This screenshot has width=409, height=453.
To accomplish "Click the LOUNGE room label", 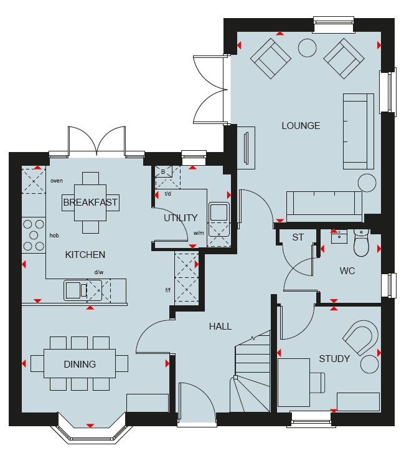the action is coord(301,126).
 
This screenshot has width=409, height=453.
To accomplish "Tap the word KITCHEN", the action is coord(85,254).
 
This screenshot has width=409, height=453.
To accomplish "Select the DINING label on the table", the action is coord(80,364).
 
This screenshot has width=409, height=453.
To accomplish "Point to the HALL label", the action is coord(220,327).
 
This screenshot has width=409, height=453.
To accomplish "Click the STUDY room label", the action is coord(334,359).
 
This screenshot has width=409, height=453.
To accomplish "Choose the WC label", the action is coord(347,270).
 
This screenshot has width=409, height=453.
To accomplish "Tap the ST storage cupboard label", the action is coord(298,237).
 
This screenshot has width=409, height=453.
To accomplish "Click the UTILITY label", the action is coord(181,218).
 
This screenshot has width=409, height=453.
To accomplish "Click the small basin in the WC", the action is coord(339,237).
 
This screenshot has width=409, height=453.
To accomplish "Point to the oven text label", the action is coord(57,181).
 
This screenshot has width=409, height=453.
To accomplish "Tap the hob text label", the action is coord(54,236).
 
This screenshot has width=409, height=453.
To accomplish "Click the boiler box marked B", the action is coord(163,171).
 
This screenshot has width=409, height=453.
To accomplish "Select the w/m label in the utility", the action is coord(199,233).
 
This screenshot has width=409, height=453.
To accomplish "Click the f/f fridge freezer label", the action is coord(168,290).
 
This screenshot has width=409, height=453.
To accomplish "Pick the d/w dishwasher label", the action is coord(99,272).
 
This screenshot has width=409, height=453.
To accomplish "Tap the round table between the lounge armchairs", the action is coord(307,48).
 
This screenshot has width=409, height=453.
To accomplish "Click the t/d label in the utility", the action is coord(167,194).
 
